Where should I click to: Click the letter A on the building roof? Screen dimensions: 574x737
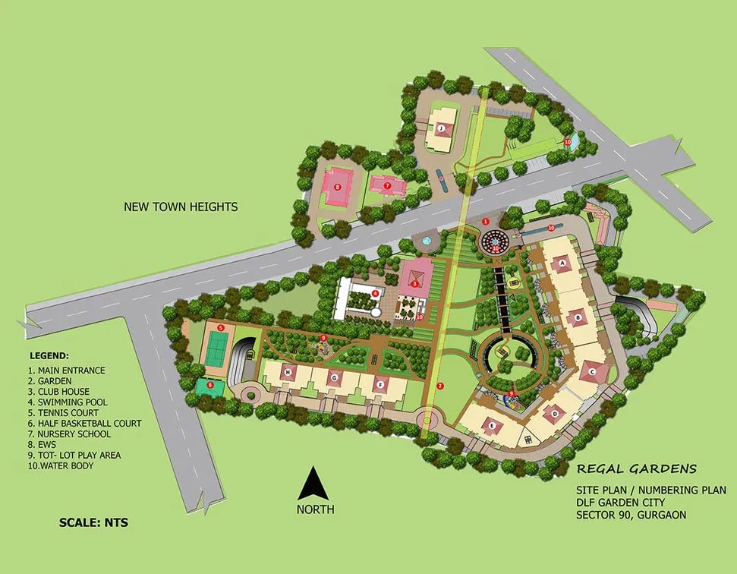coord(562,263)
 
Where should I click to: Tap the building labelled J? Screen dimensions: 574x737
coord(440,128)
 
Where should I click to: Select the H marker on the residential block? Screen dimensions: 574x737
coord(288,372)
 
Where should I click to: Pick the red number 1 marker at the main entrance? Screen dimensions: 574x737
coord(485,221)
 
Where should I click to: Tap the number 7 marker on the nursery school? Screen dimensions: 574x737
coord(386,184)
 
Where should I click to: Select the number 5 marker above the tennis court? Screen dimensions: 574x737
coord(220,327)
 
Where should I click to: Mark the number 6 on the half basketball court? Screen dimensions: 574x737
coord(209,385)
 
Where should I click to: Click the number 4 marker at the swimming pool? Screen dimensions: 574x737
coord(375,293)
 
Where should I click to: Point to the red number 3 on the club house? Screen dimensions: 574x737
coord(415,283)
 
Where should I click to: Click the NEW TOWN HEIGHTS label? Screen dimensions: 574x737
coord(182,207)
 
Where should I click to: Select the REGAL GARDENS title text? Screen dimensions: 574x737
coord(636,469)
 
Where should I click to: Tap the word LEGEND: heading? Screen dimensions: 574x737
coord(49,355)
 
